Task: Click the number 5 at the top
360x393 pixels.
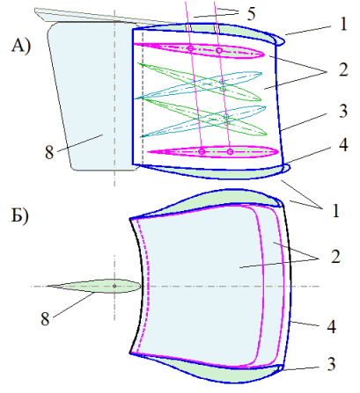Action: coord(251,14)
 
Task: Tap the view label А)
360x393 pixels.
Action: coord(21,47)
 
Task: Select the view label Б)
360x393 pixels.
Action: coord(20,216)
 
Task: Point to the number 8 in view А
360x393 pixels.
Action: coord(49,153)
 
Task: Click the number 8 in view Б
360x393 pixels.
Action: coord(45,319)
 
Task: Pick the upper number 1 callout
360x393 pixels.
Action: coord(343,24)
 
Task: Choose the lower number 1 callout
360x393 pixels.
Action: coord(335,210)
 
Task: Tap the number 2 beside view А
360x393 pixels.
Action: coord(343,70)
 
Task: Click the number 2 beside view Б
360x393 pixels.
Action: coord(335,257)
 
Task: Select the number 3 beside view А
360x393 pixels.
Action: coord(343,111)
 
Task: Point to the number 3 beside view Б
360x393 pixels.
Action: coord(332,364)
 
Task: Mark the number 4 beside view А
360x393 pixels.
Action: coord(343,145)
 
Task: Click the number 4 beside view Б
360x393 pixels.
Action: coord(332,326)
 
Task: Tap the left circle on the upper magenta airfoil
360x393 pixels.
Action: coord(190,48)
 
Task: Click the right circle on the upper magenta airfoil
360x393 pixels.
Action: coord(219,50)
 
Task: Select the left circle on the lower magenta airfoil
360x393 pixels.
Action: coord(202,151)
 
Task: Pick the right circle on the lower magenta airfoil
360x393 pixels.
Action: coord(231,152)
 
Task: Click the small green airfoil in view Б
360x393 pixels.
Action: coord(94,286)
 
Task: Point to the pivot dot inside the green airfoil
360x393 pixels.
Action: coord(114,286)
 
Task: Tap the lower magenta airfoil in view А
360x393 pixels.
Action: coord(213,152)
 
